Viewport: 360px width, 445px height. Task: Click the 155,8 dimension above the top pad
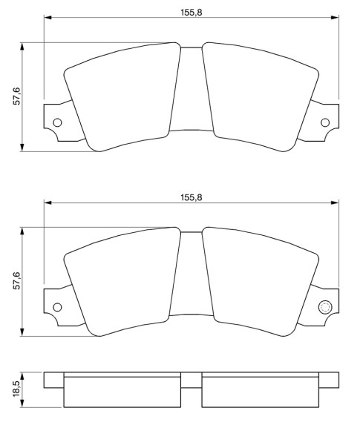[x=192, y=13]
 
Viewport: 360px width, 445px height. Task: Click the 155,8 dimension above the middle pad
[x=192, y=197]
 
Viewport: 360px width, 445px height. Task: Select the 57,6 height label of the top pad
[x=17, y=96]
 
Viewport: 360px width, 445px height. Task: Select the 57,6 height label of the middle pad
[x=17, y=280]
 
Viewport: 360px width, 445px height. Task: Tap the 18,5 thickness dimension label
[x=17, y=389]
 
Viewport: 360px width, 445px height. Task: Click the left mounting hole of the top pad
[x=57, y=122]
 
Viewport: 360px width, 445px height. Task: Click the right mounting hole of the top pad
[x=325, y=122]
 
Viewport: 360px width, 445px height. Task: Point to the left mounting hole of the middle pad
[x=57, y=307]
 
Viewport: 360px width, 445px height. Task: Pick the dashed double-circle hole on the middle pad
[x=325, y=307]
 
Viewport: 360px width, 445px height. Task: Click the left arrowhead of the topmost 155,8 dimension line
[x=48, y=18]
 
